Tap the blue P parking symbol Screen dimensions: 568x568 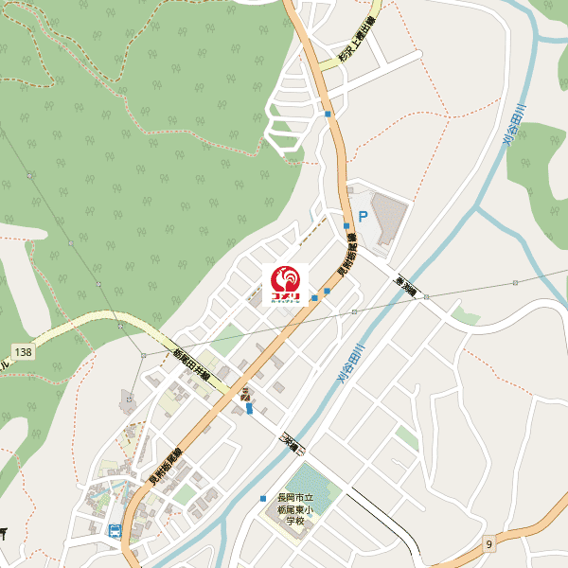[360, 216]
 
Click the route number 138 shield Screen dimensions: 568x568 [24, 352]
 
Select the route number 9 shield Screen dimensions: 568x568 [489, 542]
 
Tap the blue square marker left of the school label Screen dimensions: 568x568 [263, 498]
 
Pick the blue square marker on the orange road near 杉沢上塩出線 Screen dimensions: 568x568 [328, 115]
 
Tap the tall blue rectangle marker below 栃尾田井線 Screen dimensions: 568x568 [249, 409]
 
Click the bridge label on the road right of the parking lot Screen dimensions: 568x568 [407, 286]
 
